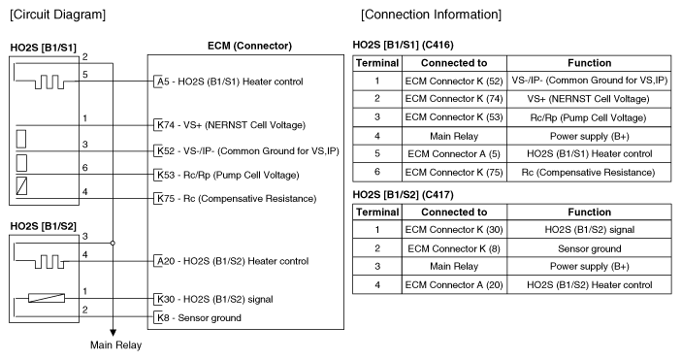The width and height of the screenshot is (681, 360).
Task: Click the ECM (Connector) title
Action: [x=249, y=47]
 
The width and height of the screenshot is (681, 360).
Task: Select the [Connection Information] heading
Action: [x=431, y=15]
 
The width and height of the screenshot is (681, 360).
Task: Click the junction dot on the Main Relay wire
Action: [x=113, y=244]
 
